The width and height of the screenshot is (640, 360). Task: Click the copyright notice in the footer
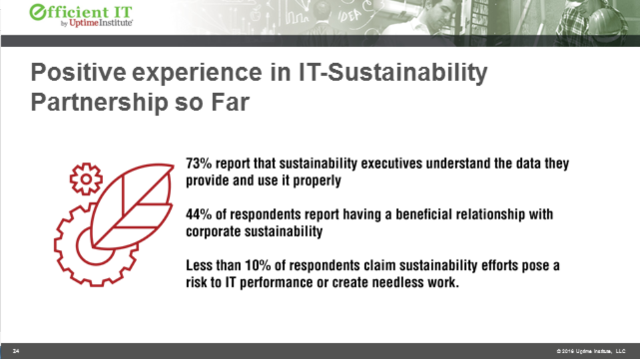[x=583, y=351]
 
